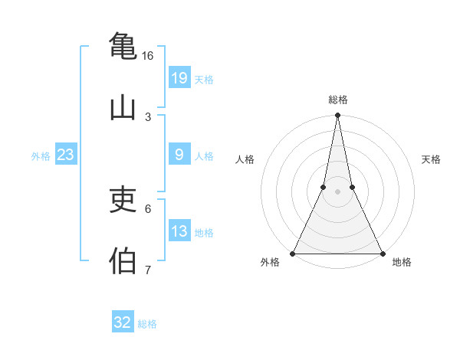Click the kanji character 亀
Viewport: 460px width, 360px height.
tap(123, 45)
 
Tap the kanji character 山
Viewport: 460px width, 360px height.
tap(123, 108)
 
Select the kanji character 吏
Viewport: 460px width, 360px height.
tap(123, 201)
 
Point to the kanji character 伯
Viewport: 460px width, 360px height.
tap(123, 261)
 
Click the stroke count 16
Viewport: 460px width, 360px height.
tap(148, 56)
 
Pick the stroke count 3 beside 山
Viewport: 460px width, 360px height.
tap(148, 116)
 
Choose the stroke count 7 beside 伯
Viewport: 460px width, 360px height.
tap(148, 270)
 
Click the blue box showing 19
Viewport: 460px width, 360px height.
tap(179, 77)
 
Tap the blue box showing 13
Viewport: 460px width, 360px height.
tap(179, 231)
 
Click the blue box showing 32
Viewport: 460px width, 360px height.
tap(123, 322)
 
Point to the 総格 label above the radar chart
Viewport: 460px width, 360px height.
tap(338, 100)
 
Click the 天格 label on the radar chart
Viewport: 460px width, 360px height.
tap(431, 159)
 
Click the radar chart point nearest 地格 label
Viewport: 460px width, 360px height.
tap(382, 253)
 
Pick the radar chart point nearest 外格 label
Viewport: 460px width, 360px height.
tap(293, 253)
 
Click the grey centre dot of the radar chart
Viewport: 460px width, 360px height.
tap(337, 191)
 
